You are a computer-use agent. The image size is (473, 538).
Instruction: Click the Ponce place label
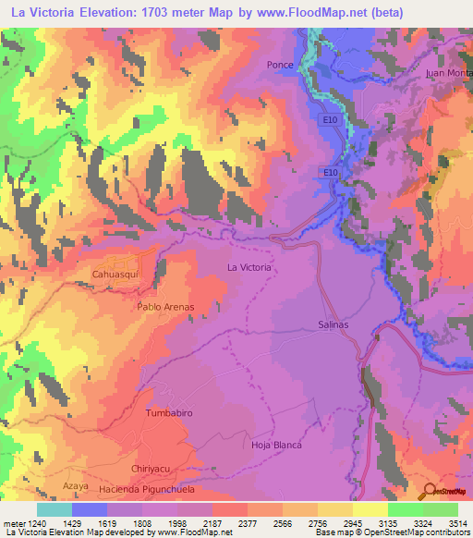coord(280,65)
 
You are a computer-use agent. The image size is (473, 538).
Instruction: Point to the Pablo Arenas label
coord(165,306)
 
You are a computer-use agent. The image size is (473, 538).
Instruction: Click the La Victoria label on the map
coord(249,267)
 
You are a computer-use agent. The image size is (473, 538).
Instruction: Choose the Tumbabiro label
coord(169,413)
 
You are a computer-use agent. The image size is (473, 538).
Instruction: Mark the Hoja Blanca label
coord(278,445)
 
